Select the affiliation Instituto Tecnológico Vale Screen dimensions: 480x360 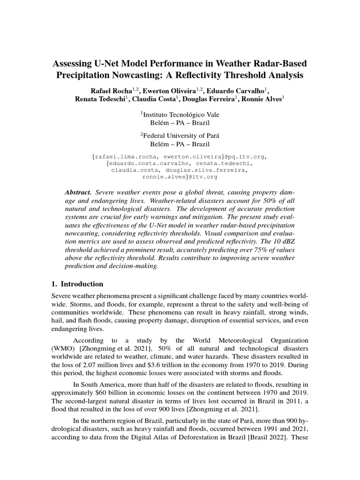[180, 114]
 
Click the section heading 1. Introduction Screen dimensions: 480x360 [77, 285]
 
